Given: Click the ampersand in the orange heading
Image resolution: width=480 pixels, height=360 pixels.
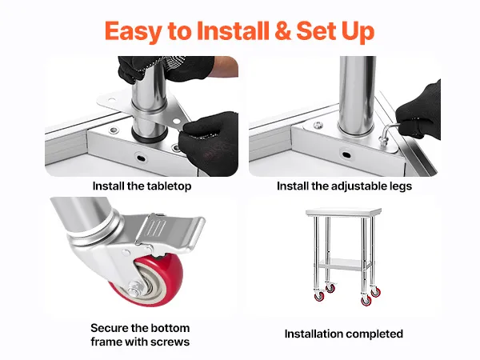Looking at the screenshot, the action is tap(283, 30).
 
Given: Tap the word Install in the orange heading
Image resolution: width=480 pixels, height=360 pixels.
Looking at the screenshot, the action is tap(233, 30).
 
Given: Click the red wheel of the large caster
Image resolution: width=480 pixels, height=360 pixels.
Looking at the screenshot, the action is tap(150, 280).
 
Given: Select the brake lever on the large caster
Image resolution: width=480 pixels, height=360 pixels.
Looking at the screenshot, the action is tap(171, 232).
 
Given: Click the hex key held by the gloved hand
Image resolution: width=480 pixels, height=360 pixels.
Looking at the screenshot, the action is tap(388, 133).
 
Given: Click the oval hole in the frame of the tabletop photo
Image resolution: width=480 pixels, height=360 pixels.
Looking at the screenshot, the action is tap(141, 158).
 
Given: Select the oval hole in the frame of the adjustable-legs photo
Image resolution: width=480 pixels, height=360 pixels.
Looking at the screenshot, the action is tap(346, 154).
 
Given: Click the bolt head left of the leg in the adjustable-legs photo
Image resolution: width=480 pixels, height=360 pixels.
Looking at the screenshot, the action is tap(318, 125).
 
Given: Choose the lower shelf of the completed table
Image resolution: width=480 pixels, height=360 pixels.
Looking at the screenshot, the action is tap(345, 264).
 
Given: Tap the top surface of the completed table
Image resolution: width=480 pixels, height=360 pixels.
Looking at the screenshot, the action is tap(343, 211).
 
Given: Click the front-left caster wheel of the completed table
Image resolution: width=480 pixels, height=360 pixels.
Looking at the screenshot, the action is tap(319, 296).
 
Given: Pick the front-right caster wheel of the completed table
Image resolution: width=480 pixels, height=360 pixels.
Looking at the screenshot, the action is tap(366, 301).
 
